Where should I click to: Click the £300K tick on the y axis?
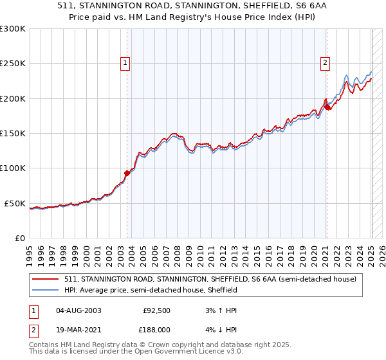[x=13, y=29]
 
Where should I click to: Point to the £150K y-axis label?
[x=13, y=134]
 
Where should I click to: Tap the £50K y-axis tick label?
[x=15, y=204]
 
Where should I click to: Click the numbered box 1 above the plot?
[x=124, y=62]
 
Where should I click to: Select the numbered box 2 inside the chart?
[x=326, y=62]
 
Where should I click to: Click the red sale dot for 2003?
[x=127, y=172]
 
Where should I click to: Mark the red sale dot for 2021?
[x=327, y=107]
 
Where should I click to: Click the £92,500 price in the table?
[x=156, y=310]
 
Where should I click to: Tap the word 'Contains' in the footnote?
[x=46, y=346]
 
